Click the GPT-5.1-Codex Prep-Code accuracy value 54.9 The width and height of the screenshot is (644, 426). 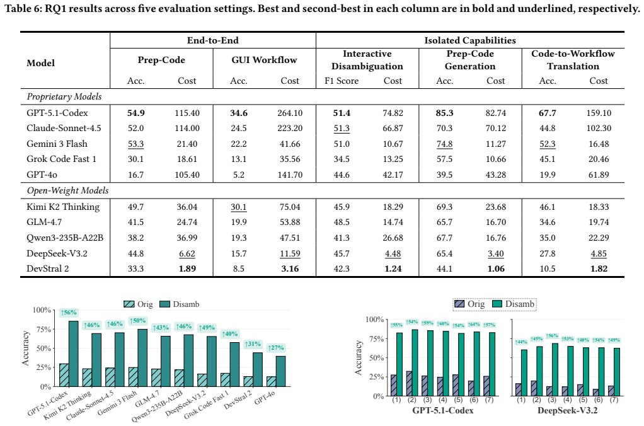[136, 113]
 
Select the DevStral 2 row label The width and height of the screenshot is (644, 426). [48, 268]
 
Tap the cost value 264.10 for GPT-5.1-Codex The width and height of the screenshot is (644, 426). [290, 113]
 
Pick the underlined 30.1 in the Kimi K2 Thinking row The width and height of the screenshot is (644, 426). [239, 207]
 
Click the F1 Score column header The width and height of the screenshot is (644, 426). [342, 81]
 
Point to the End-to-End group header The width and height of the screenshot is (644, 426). [213, 40]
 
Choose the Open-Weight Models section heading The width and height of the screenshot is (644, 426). [68, 190]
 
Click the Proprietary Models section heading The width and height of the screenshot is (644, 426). [64, 96]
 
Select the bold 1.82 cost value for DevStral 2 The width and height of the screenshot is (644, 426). [599, 268]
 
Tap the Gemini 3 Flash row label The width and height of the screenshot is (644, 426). [57, 144]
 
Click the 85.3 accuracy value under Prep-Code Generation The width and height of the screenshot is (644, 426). [444, 113]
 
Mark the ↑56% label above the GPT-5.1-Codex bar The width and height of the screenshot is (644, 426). [69, 313]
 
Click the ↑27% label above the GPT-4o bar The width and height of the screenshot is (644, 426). [276, 347]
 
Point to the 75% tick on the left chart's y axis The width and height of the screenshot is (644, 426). [42, 330]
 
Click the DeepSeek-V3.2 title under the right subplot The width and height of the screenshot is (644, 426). [567, 410]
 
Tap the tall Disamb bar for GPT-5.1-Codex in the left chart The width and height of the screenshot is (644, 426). [74, 354]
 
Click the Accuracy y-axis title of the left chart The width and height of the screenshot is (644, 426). [25, 348]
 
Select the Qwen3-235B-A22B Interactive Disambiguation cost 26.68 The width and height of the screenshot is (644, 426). [393, 238]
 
